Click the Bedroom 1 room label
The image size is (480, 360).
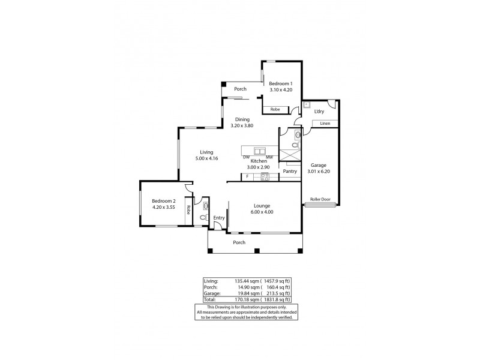(280, 83)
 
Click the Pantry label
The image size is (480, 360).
(290, 171)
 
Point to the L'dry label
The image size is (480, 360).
(320, 112)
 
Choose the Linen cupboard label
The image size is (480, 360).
(325, 124)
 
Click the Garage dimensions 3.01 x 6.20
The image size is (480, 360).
(319, 171)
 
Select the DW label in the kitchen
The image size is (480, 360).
(247, 157)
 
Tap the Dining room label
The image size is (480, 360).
(242, 119)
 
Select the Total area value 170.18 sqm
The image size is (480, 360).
(233, 299)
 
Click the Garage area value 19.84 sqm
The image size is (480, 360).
(234, 293)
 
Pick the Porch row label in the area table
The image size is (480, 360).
(210, 286)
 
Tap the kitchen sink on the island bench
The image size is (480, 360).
(260, 150)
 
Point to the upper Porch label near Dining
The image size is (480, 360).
(241, 89)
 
